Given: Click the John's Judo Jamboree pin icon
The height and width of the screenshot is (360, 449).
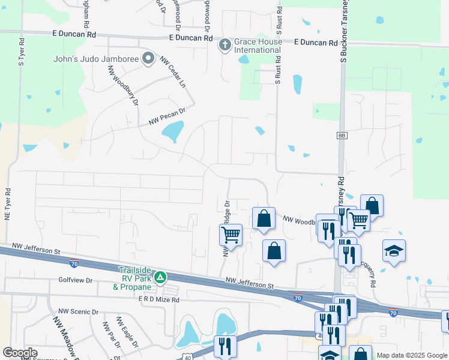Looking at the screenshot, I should click(x=148, y=59).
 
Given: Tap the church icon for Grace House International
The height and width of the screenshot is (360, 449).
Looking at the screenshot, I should click(x=225, y=44).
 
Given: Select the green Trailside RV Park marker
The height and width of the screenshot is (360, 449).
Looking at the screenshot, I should click(x=160, y=278).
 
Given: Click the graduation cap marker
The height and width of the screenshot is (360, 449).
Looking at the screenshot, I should click(x=394, y=251).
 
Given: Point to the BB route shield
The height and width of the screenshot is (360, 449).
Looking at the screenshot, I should click(x=342, y=136).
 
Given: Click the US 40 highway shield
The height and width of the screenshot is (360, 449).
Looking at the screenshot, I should click(x=188, y=356).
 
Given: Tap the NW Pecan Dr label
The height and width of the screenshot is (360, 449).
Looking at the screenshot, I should click(x=168, y=116).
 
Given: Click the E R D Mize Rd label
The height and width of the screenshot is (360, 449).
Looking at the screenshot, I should click(x=159, y=299).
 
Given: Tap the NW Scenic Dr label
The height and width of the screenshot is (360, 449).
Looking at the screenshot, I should click(x=78, y=312).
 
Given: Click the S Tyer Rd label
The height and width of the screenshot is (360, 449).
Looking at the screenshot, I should click(x=21, y=52).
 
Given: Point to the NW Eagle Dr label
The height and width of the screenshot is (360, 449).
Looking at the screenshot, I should click(x=128, y=333).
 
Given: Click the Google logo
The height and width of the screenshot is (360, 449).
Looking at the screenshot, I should click(x=20, y=353).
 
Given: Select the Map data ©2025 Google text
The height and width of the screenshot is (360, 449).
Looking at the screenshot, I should click(x=412, y=355).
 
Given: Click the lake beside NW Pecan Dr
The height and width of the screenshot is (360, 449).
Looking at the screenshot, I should click(x=173, y=131).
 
